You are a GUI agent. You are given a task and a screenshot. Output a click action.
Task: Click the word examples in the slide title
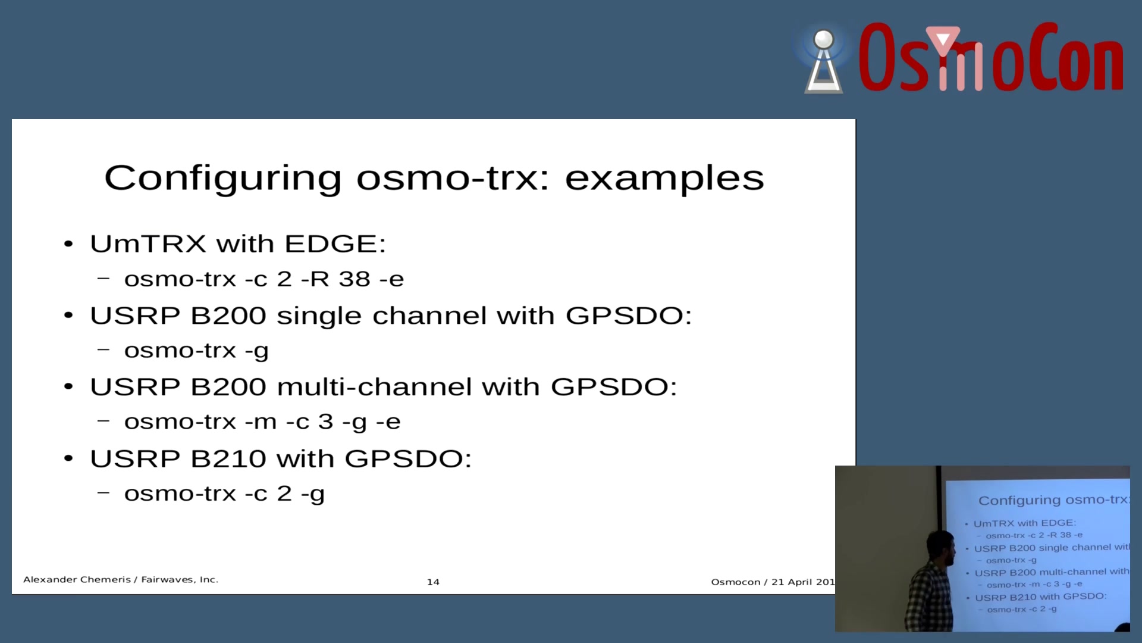click(x=664, y=178)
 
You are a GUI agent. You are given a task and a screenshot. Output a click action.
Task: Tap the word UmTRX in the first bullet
click(x=148, y=244)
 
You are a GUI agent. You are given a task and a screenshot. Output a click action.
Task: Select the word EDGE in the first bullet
click(x=335, y=244)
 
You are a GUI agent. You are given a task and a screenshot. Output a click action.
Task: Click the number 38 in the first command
click(x=354, y=279)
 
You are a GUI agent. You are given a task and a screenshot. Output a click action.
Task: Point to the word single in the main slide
click(x=319, y=316)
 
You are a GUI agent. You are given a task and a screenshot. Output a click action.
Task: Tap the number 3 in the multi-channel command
click(x=325, y=422)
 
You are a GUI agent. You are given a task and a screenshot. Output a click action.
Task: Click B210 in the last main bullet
click(x=228, y=458)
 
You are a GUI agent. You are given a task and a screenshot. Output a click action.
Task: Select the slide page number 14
click(x=433, y=582)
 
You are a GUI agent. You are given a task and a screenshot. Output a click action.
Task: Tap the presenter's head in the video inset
click(x=940, y=548)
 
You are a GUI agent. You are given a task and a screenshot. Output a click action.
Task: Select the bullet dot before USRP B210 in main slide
click(x=68, y=458)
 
